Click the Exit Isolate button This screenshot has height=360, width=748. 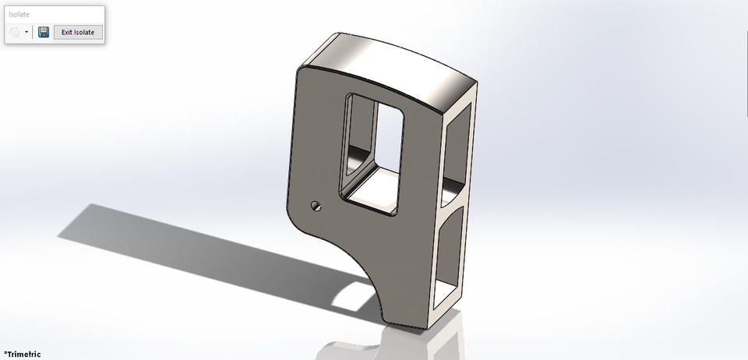coord(78,32)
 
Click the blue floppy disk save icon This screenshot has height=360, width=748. coord(44,32)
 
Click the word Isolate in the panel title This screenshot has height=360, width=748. coord(20,14)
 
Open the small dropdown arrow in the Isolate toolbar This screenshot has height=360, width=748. coord(26,33)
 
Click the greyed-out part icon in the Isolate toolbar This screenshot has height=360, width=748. coord(15,33)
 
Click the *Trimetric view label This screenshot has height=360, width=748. coord(22,354)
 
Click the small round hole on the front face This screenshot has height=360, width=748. coord(316,206)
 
